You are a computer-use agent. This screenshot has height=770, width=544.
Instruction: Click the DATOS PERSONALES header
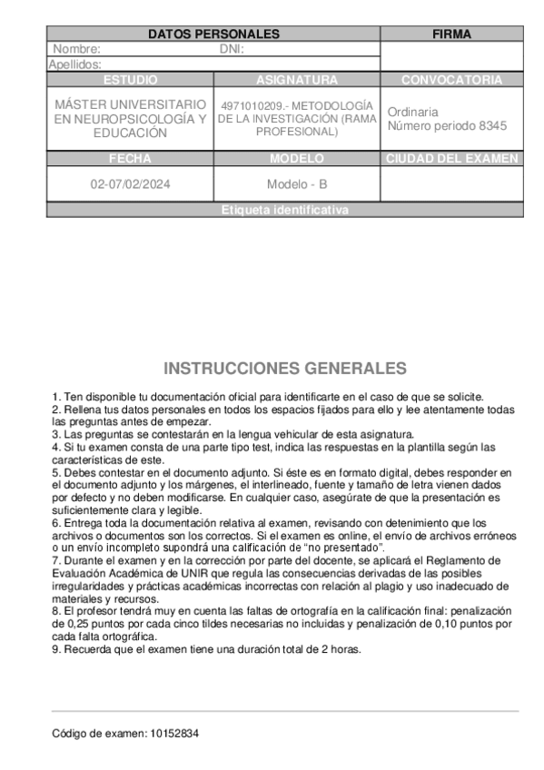(x=213, y=35)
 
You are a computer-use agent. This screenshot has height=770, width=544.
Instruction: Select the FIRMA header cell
(x=451, y=35)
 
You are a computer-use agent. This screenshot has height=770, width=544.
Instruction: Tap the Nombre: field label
(x=76, y=50)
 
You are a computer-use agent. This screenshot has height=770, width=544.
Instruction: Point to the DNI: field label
(x=232, y=50)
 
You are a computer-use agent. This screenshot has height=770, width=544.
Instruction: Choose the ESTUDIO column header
(x=130, y=80)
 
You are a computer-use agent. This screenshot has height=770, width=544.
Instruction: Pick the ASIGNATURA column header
(x=297, y=80)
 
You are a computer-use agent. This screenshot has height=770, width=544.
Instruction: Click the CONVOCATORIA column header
(x=451, y=80)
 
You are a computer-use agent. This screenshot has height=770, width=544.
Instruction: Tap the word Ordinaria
(x=412, y=112)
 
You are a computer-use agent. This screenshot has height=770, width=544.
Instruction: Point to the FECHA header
(x=130, y=159)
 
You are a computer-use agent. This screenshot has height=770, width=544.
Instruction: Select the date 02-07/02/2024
(x=130, y=184)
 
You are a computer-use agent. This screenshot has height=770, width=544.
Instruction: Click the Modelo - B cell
(x=297, y=184)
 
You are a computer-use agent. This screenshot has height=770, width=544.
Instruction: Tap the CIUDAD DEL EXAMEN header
(x=451, y=159)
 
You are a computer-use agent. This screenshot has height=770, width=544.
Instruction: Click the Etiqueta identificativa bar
(x=284, y=210)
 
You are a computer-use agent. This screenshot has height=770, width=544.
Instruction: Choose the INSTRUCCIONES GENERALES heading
(x=285, y=369)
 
